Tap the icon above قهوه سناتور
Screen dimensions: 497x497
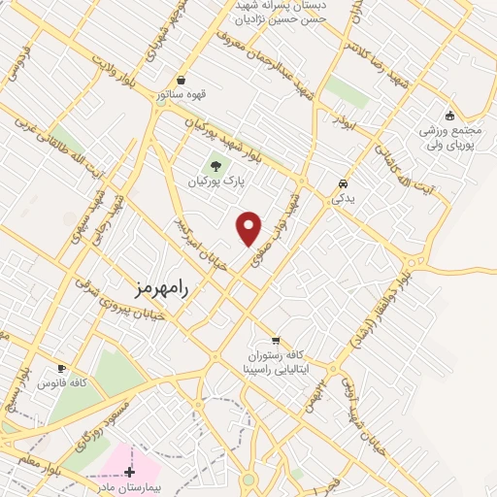coord(182,80)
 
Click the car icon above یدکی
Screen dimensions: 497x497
coord(343,182)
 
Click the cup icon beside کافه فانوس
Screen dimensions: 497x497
coord(62,369)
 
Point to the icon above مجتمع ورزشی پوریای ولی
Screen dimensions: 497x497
coord(448,116)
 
